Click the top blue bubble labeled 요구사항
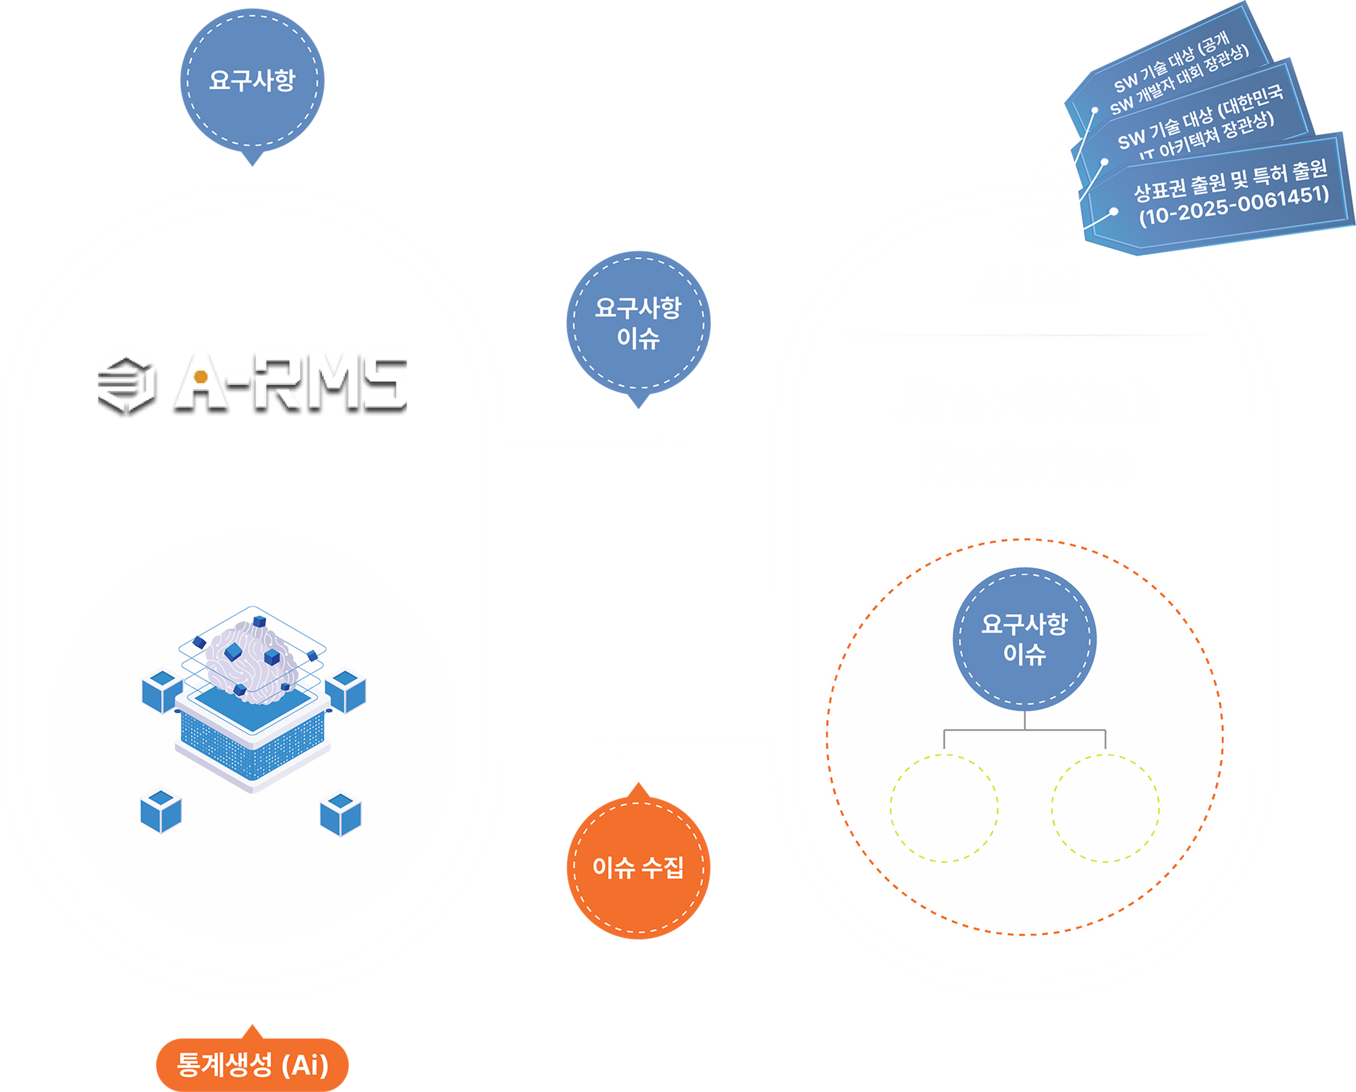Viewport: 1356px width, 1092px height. pyautogui.click(x=252, y=80)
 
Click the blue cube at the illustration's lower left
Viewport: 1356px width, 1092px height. pyautogui.click(x=161, y=811)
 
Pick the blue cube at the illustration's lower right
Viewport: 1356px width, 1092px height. pyautogui.click(x=340, y=815)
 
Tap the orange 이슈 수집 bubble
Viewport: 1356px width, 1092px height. pyautogui.click(x=638, y=868)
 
